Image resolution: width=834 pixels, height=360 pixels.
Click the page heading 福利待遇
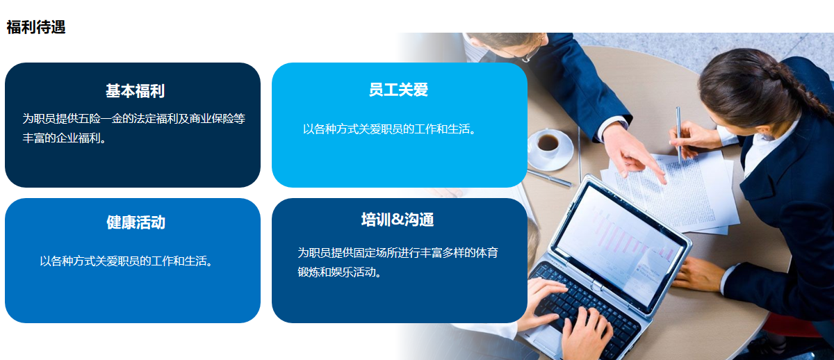tap(36, 27)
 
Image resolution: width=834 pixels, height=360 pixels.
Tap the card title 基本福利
tap(135, 91)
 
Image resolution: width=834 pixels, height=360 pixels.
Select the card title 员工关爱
tap(398, 90)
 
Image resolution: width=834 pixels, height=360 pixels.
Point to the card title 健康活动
tap(136, 222)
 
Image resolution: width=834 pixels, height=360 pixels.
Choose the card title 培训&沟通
tap(398, 220)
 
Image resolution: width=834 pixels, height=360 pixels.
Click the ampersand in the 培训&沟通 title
tap(398, 220)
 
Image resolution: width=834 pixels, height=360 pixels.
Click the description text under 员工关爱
tap(389, 129)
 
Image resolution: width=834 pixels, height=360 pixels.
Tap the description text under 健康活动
tap(126, 261)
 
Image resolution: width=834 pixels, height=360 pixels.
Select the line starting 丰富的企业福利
tap(65, 138)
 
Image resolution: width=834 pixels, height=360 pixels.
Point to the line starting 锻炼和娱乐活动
tap(340, 272)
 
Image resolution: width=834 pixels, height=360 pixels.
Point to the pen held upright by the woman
tap(679, 135)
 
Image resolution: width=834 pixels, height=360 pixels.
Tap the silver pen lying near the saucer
tap(550, 178)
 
